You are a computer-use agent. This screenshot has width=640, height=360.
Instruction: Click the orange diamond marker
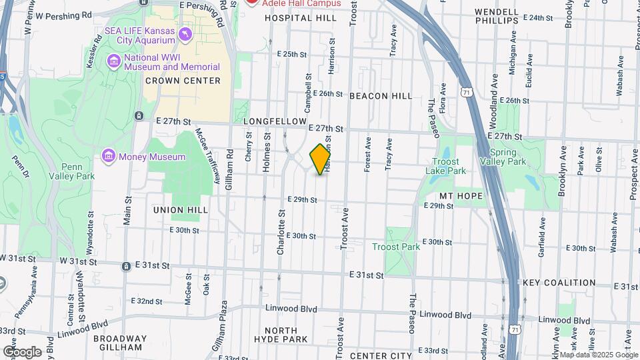(x=321, y=159)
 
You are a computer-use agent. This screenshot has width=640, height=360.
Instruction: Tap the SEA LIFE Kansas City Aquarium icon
(x=185, y=32)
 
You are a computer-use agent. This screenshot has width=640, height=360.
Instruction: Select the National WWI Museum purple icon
(x=113, y=62)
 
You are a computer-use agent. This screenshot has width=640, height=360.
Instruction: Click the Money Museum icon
(x=108, y=157)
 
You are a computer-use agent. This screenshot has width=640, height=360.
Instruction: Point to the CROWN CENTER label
(x=183, y=81)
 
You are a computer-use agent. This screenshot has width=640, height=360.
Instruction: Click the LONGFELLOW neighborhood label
(x=273, y=121)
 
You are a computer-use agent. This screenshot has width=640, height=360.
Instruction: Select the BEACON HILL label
(x=381, y=96)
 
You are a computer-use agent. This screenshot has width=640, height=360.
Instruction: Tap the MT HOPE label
(x=461, y=196)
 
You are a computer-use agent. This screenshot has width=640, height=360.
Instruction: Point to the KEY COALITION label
(x=559, y=283)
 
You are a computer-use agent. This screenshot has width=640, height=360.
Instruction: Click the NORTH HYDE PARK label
(x=285, y=335)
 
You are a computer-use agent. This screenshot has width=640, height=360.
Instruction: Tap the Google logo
(x=21, y=352)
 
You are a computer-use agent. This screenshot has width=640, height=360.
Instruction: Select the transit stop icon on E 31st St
(x=126, y=267)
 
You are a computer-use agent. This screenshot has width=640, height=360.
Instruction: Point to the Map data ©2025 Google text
(x=598, y=355)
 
